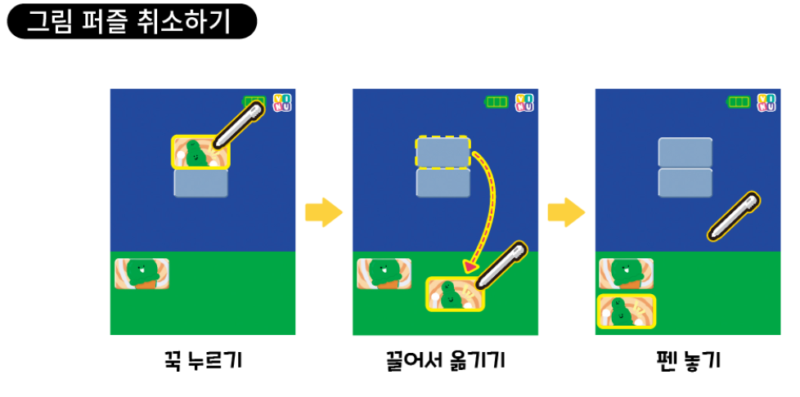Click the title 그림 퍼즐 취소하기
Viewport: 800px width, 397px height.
pyautogui.click(x=131, y=21)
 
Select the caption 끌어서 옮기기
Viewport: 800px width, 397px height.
pyautogui.click(x=445, y=361)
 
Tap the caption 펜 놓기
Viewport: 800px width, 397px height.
pyautogui.click(x=688, y=361)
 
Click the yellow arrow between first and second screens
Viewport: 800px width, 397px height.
pyautogui.click(x=323, y=212)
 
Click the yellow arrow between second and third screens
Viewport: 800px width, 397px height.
pyautogui.click(x=566, y=212)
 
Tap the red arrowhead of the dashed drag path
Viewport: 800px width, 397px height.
pyautogui.click(x=470, y=266)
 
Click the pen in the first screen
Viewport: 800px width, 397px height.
pyautogui.click(x=238, y=125)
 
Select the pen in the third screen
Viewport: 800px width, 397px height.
pyautogui.click(x=733, y=216)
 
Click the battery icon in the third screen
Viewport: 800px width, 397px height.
pyautogui.click(x=739, y=102)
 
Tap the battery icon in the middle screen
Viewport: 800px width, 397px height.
pyautogui.click(x=496, y=102)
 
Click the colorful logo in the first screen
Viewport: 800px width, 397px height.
pyautogui.click(x=281, y=102)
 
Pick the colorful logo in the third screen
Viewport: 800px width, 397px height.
pyautogui.click(x=766, y=102)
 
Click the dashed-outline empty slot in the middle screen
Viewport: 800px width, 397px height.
pyautogui.click(x=443, y=152)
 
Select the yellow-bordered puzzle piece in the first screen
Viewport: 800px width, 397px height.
pyautogui.click(x=200, y=152)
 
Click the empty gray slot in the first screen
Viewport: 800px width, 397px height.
pyautogui.click(x=200, y=183)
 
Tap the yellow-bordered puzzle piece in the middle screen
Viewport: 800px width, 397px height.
pyautogui.click(x=456, y=294)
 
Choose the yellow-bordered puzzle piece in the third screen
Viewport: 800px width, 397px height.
pyautogui.click(x=627, y=311)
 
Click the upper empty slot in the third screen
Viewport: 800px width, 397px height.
pyautogui.click(x=685, y=152)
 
